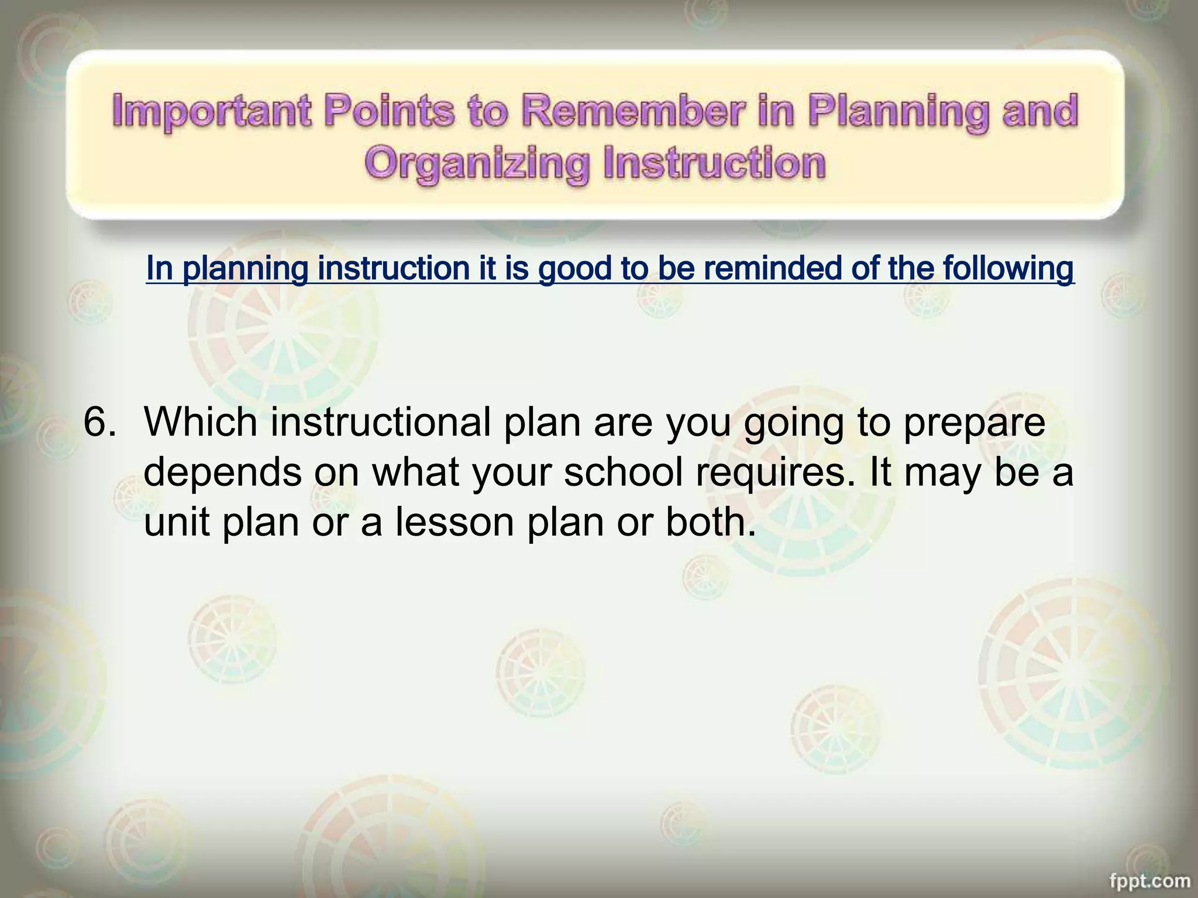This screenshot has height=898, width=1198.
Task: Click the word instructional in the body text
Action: pyautogui.click(x=380, y=422)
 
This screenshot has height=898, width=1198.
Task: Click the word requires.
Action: pyautogui.click(x=778, y=474)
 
